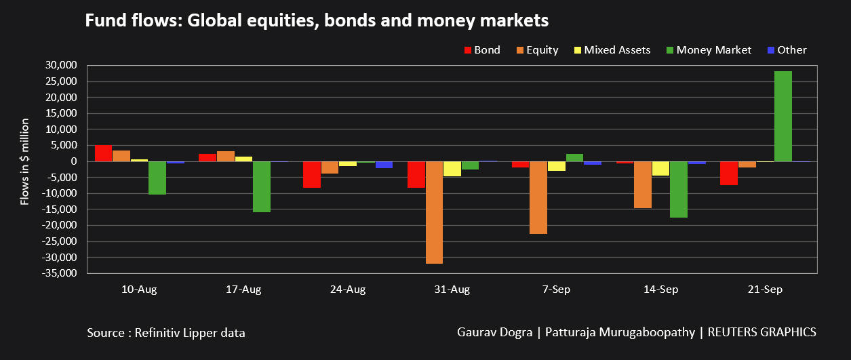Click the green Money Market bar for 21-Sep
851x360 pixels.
pyautogui.click(x=783, y=116)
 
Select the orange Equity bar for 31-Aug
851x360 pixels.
pyautogui.click(x=434, y=213)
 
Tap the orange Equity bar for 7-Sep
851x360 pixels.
pyautogui.click(x=538, y=198)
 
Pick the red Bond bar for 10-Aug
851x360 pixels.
pyautogui.click(x=103, y=153)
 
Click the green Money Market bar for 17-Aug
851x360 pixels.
pyautogui.click(x=262, y=187)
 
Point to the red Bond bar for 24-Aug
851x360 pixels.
pyautogui.click(x=312, y=175)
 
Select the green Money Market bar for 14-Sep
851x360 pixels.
pyautogui.click(x=679, y=190)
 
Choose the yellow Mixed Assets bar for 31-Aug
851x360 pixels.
pyautogui.click(x=452, y=169)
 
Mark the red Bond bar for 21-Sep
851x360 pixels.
pyautogui.click(x=729, y=174)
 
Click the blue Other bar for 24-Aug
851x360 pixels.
pyautogui.click(x=384, y=165)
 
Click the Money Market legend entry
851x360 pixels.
pyautogui.click(x=709, y=50)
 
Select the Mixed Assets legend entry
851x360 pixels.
pyautogui.click(x=612, y=50)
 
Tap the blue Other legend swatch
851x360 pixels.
pyautogui.click(x=771, y=50)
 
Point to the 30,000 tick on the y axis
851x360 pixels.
pyautogui.click(x=61, y=65)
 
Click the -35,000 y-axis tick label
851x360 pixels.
pyautogui.click(x=59, y=273)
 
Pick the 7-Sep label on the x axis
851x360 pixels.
pyautogui.click(x=556, y=289)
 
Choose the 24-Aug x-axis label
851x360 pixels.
pyautogui.click(x=348, y=289)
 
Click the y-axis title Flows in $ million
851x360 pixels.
pyautogui.click(x=24, y=162)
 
